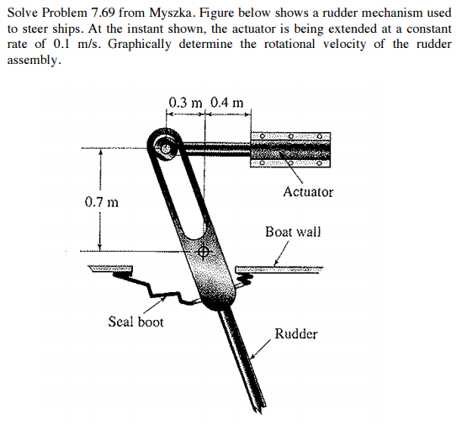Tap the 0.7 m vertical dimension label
[x=102, y=202]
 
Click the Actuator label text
[x=308, y=192]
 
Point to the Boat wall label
[x=293, y=231]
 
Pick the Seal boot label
[x=135, y=322]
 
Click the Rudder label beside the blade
[x=296, y=333]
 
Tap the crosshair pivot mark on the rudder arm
[x=203, y=252]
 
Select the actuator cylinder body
[x=290, y=149]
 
